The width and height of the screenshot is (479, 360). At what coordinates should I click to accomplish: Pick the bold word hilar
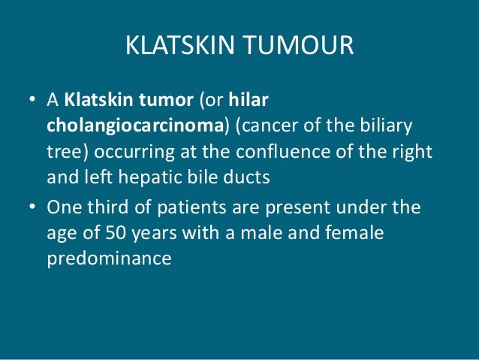click(267, 99)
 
